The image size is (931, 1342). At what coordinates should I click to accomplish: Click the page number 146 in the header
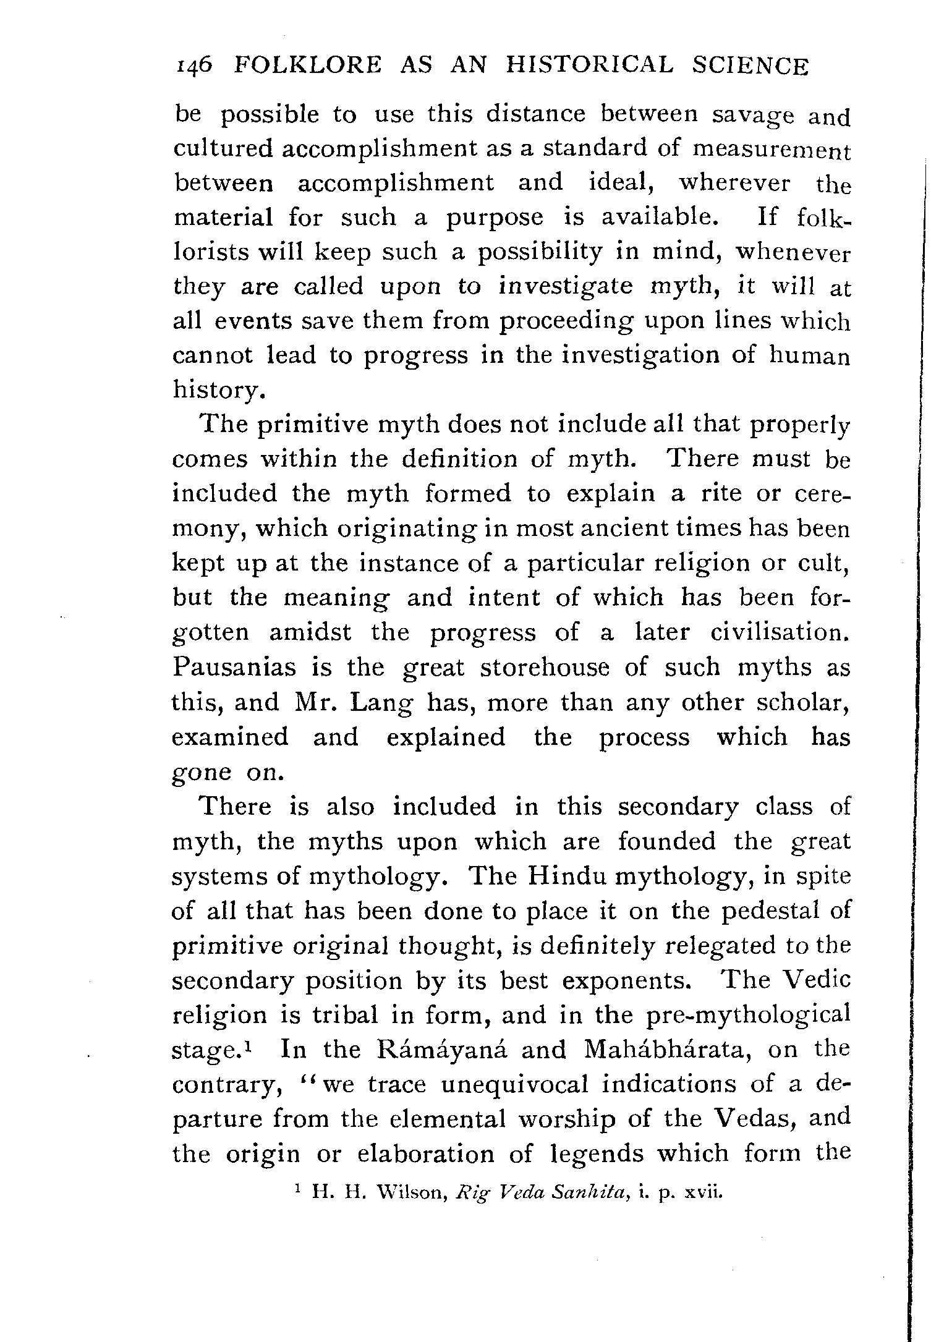tap(195, 66)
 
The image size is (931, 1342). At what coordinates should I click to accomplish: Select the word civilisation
tap(780, 633)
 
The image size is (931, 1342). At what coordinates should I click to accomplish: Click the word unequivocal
tap(478, 1085)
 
